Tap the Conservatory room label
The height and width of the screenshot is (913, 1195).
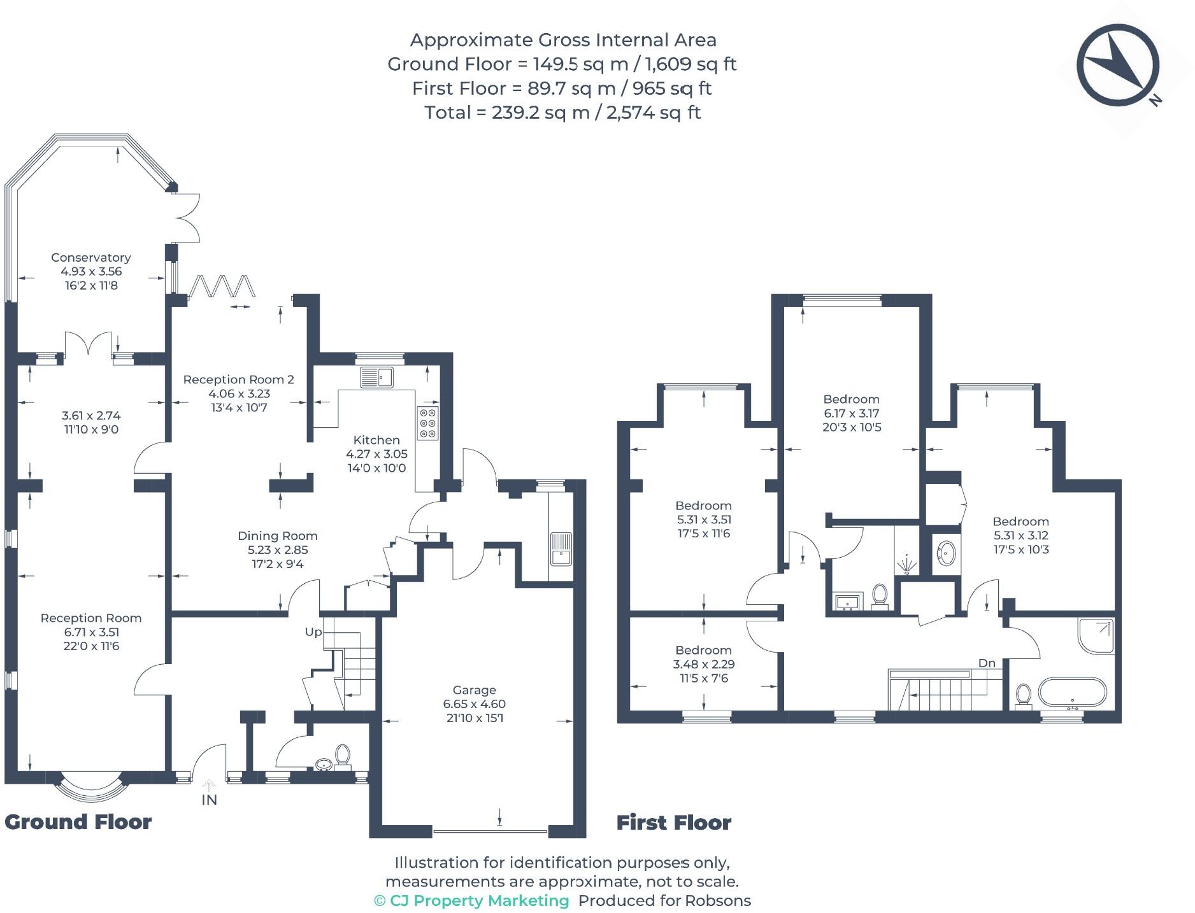pos(91,257)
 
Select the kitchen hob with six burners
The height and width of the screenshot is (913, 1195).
pos(428,423)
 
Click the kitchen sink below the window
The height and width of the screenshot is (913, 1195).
pos(376,377)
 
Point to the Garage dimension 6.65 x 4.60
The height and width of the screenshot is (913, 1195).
pos(475,704)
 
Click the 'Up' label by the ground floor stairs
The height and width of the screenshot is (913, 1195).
pos(313,632)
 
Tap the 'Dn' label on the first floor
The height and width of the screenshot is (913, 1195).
pos(987,663)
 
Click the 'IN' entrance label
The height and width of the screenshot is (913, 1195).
pos(210,800)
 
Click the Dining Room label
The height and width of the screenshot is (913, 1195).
pos(278,536)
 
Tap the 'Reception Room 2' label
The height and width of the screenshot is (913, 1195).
pos(239,379)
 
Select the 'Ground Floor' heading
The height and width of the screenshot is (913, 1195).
pos(78,822)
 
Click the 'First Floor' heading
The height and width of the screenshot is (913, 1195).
pos(674,823)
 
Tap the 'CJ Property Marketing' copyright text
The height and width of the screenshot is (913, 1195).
pos(471,901)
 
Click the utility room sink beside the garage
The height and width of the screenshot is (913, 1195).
pos(561,548)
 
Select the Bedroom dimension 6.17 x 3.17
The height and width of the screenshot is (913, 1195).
pos(852,413)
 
